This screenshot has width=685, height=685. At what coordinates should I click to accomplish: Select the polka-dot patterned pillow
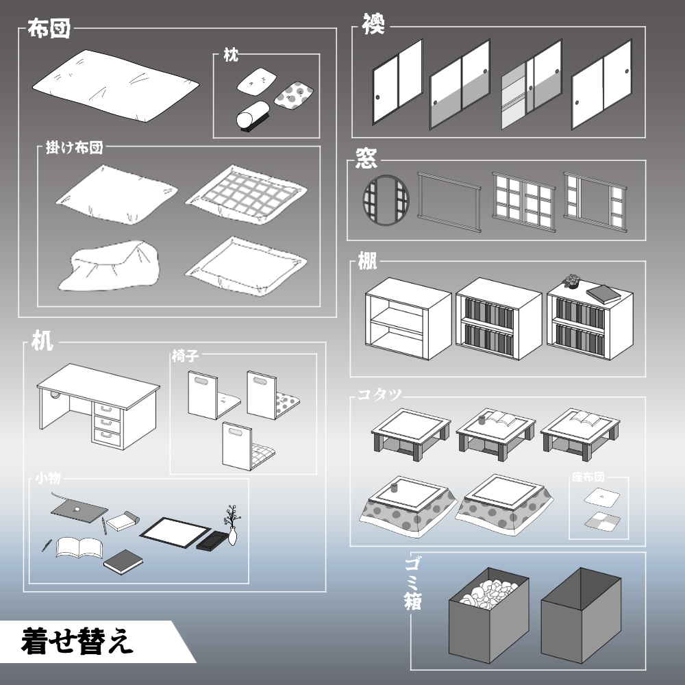294,94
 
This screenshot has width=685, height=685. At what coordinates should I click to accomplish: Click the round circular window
385,200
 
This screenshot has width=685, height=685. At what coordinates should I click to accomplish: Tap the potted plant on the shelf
571,281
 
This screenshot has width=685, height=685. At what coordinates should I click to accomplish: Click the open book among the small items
79,547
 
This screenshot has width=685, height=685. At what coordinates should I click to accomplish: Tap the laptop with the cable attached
79,509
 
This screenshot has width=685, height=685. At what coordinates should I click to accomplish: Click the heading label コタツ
379,395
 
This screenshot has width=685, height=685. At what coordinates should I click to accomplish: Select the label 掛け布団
74,147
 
